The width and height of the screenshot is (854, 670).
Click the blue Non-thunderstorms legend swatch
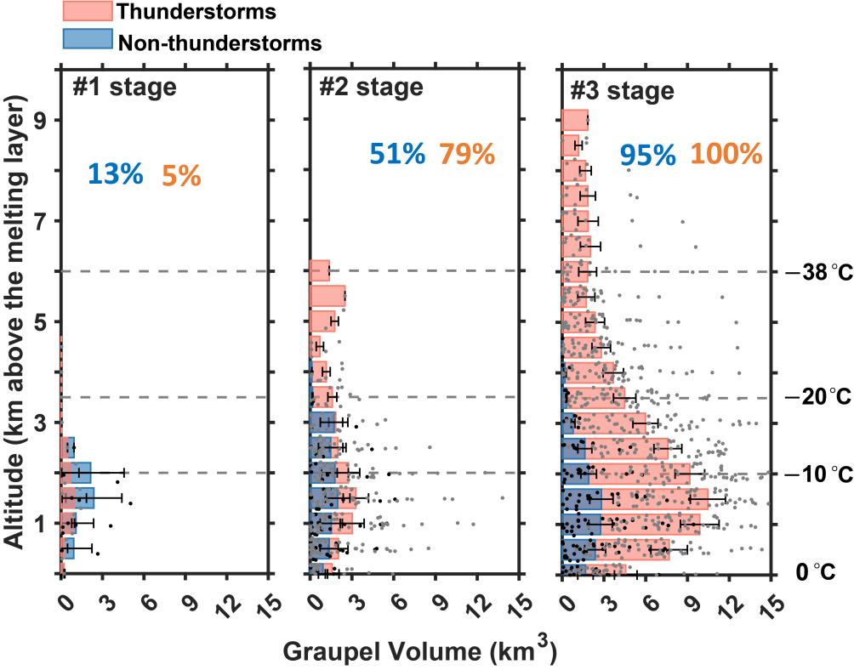click(87, 39)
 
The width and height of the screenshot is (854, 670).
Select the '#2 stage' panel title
click(371, 87)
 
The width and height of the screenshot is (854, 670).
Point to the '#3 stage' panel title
click(623, 91)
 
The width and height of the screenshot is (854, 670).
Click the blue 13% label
click(115, 174)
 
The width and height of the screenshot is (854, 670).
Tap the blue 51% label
click(396, 154)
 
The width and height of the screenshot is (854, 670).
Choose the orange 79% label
click(466, 154)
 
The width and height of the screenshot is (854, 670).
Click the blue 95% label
click(647, 156)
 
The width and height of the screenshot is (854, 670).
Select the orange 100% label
click(726, 154)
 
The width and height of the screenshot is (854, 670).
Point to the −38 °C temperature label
click(817, 272)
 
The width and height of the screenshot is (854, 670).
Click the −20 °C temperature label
click(817, 398)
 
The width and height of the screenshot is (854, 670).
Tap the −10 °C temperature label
click(817, 473)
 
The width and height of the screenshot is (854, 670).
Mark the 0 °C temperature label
click(823, 573)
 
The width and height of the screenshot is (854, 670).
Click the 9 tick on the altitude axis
click(39, 120)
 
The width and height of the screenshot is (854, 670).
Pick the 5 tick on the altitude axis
click(39, 321)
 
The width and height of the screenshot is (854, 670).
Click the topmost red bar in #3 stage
click(575, 120)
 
